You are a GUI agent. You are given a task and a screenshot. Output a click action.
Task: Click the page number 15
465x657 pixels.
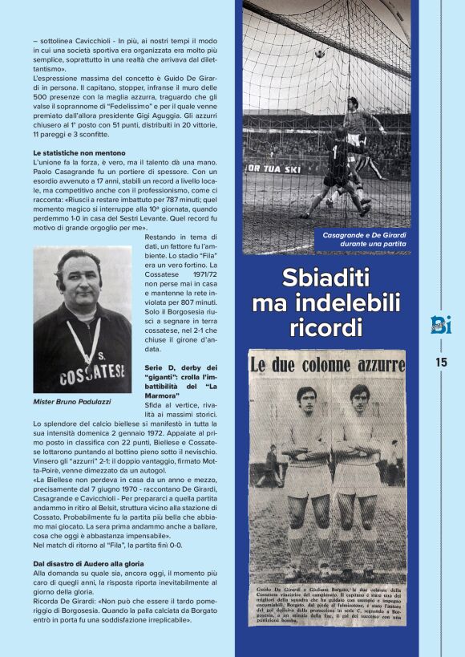click(x=441, y=362)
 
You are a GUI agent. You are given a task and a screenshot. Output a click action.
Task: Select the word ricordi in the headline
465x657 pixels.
click(x=326, y=328)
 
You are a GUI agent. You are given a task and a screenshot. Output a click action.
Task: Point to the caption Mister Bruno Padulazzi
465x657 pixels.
click(x=73, y=401)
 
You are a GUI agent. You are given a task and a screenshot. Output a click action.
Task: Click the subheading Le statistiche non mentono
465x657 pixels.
click(x=79, y=152)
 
